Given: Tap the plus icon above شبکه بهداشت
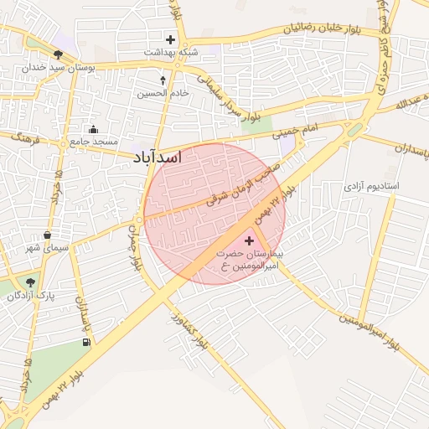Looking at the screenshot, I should click(171, 39).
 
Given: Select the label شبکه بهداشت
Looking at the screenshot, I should click(171, 52).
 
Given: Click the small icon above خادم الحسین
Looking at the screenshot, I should click(163, 81).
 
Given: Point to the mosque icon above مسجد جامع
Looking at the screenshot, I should click(93, 129).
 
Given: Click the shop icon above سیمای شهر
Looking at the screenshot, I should click(46, 235).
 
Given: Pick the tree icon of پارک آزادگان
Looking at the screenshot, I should click(31, 283).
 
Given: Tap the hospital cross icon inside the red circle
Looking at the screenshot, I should click(248, 240).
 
